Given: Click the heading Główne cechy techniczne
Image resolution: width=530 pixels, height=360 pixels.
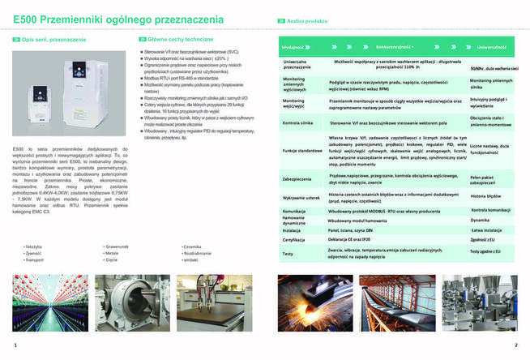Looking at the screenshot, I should (175, 39).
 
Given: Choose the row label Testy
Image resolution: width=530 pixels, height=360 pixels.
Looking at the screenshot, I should (288, 254).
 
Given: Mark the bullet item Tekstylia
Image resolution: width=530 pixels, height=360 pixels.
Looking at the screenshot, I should (34, 246).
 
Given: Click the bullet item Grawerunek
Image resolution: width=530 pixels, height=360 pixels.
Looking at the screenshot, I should (116, 246).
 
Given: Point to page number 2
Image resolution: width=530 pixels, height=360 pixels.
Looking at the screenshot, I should (515, 345).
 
